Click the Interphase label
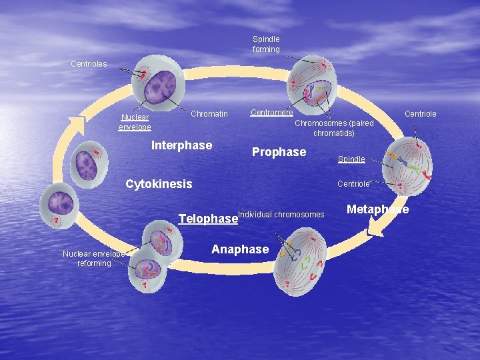[182, 145]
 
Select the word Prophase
[279, 152]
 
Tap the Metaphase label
[377, 209]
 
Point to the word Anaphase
[240, 249]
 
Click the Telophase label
[208, 218]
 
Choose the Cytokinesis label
[159, 184]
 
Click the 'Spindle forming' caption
[266, 44]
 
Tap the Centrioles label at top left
[89, 64]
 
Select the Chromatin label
[209, 114]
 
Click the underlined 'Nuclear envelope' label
[135, 122]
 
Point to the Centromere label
[271, 112]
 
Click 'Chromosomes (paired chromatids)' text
[334, 128]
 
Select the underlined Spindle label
[351, 159]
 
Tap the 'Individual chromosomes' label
[281, 214]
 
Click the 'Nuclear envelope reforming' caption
[94, 258]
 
